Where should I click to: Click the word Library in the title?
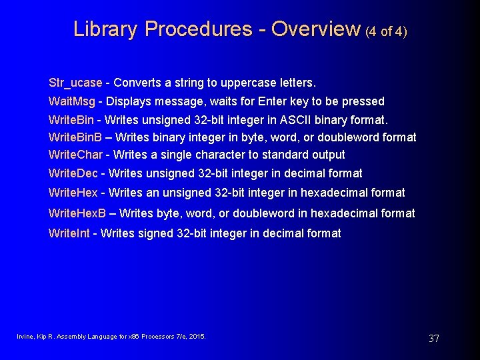105,29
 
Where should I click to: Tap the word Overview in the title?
316,29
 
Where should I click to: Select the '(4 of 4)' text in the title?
386,31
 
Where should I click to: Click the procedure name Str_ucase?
75,83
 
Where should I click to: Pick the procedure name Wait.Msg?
72,101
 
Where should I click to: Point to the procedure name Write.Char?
75,155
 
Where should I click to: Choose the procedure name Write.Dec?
73,173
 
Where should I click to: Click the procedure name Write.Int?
69,233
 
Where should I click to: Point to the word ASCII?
290,119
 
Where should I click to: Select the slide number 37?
433,339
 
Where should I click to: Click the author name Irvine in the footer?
24,337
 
